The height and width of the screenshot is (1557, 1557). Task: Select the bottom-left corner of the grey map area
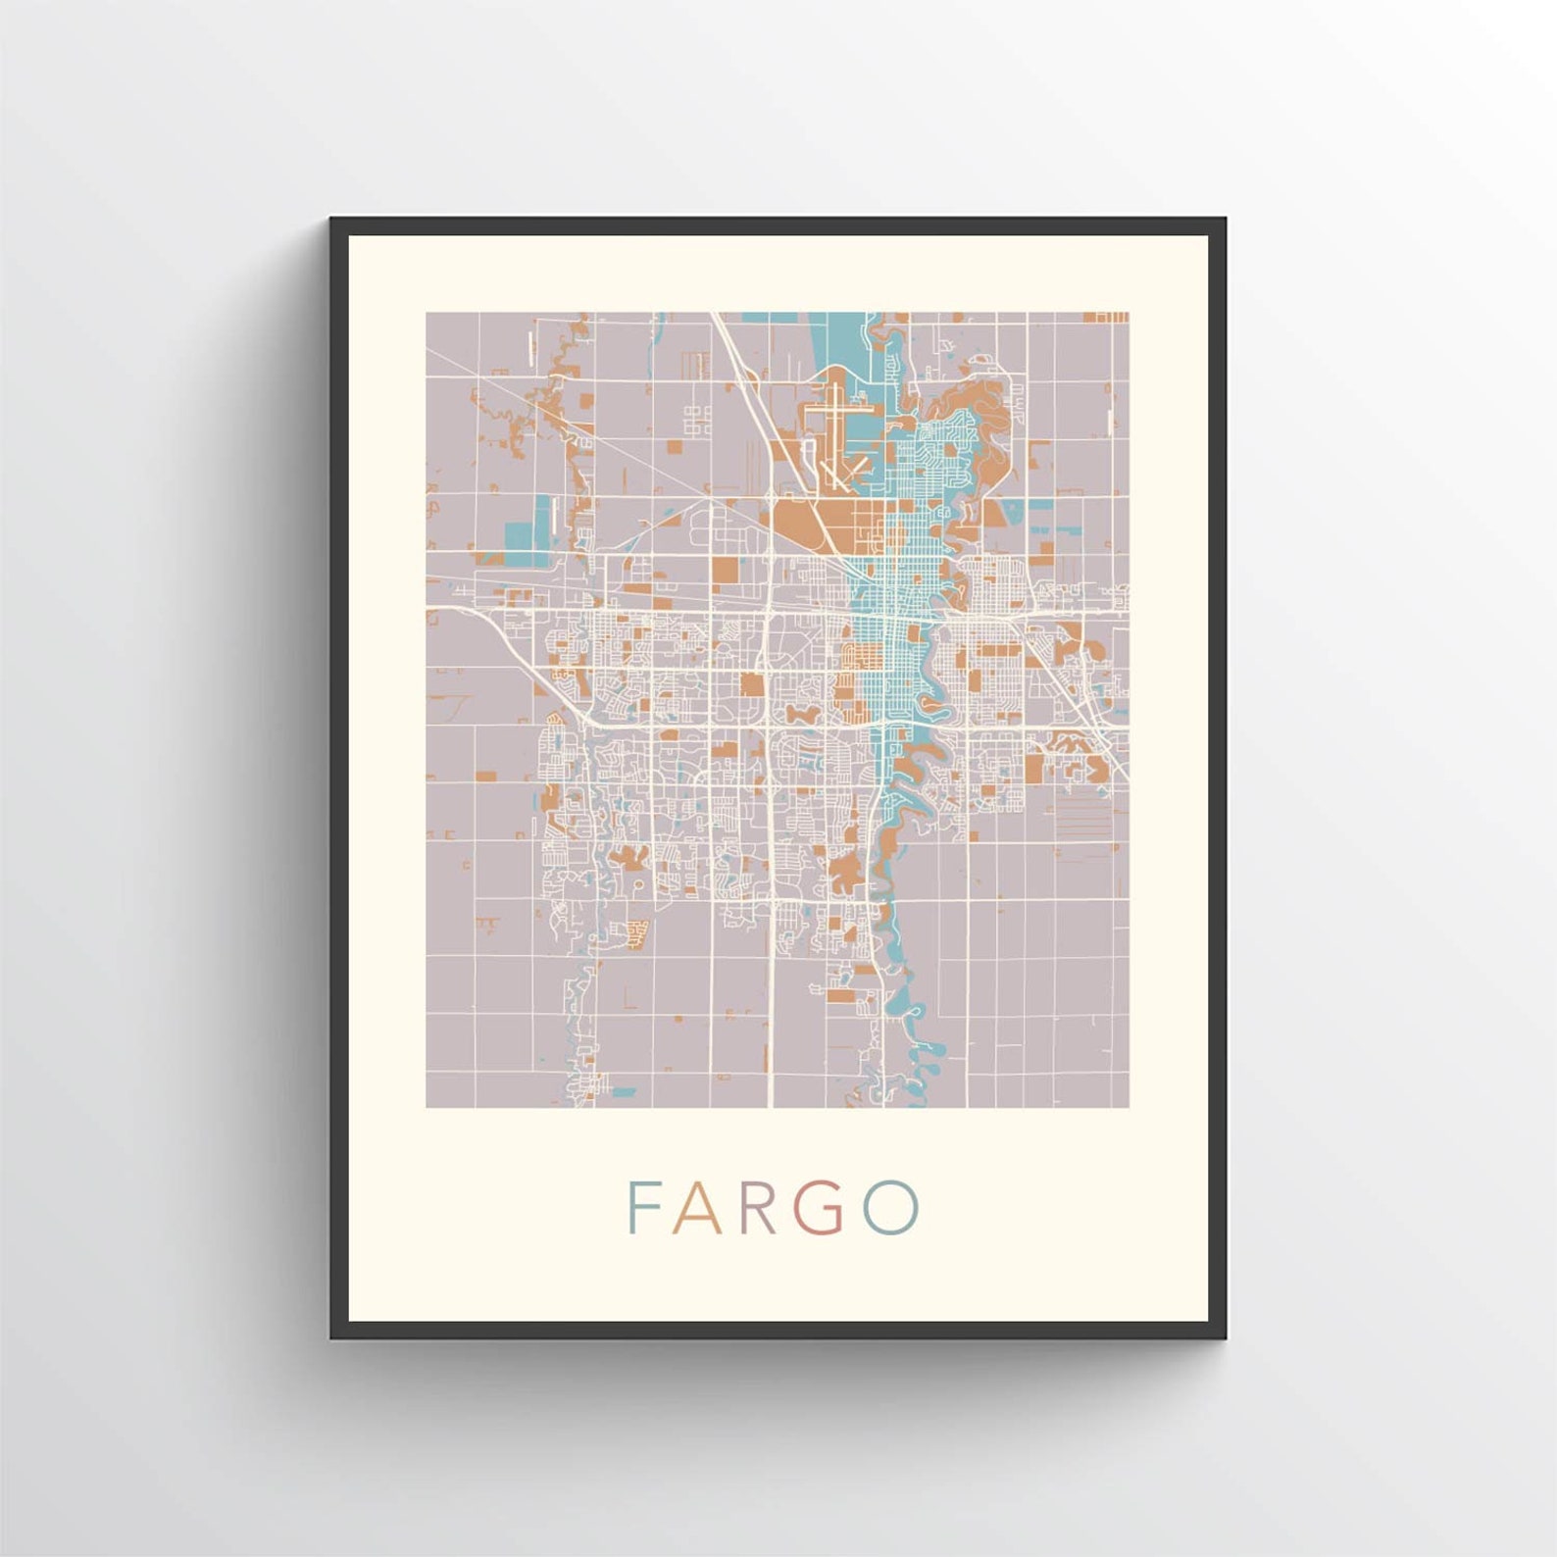click(x=427, y=1106)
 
